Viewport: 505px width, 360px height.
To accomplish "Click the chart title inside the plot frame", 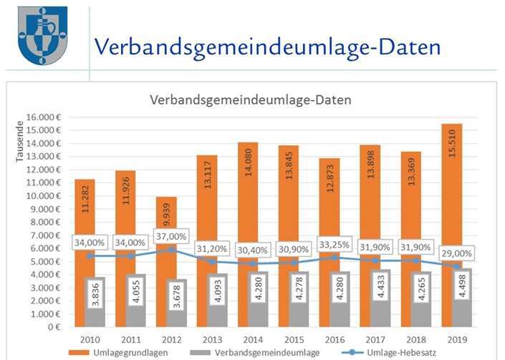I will [250, 100].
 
